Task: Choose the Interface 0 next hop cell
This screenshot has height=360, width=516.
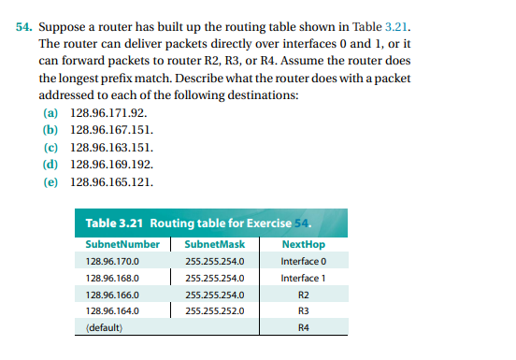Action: click(302, 261)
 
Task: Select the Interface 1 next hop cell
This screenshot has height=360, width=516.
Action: click(302, 278)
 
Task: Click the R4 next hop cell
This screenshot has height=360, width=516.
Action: click(302, 328)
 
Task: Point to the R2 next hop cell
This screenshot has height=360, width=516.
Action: click(302, 295)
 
